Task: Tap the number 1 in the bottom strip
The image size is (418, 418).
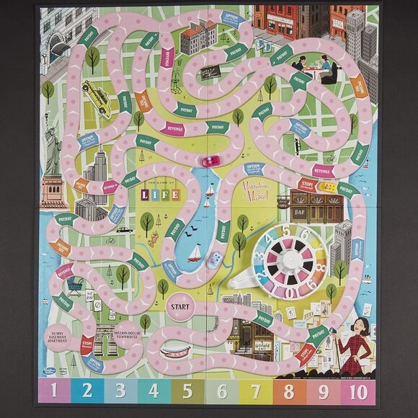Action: point(54,391)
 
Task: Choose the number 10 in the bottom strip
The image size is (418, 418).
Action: point(358,391)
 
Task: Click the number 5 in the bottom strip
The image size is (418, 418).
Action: point(187,391)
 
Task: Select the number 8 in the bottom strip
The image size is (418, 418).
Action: point(288,391)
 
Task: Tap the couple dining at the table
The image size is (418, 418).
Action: point(312,68)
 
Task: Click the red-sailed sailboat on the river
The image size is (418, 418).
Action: point(195,252)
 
